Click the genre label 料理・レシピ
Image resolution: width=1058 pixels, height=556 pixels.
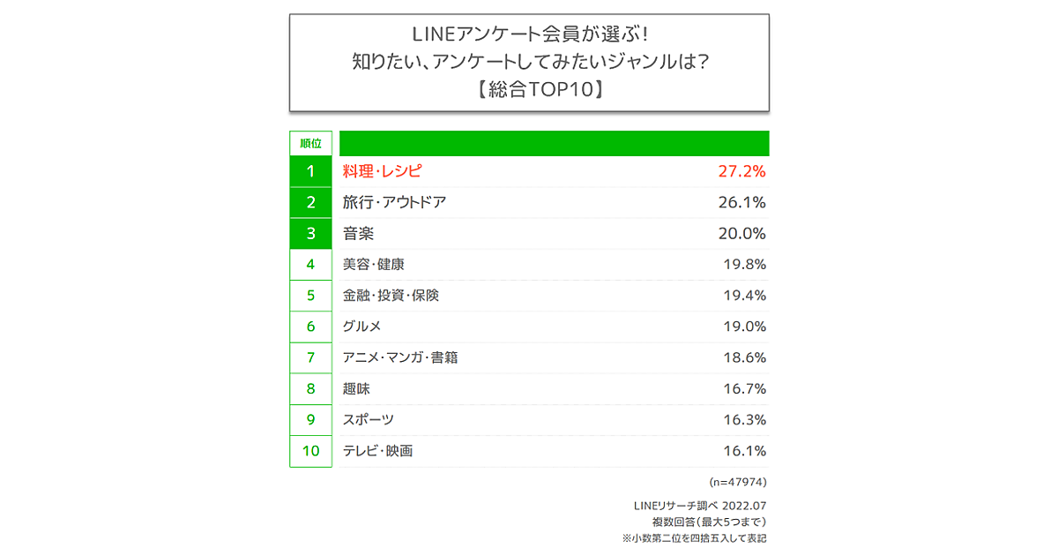(383, 171)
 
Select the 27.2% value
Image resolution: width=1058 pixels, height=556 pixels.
(742, 171)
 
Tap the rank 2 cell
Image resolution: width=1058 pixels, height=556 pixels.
(310, 202)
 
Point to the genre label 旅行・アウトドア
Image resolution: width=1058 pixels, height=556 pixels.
(394, 202)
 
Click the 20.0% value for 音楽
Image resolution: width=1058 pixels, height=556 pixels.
(742, 234)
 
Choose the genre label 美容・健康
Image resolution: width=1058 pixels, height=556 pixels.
(374, 265)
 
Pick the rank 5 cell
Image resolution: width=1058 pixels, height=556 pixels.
(310, 296)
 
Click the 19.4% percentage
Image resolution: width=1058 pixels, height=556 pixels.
(744, 296)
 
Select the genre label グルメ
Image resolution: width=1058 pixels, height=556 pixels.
(361, 327)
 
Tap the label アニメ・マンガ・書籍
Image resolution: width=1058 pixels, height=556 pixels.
(400, 358)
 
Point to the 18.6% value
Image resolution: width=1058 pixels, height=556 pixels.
(744, 358)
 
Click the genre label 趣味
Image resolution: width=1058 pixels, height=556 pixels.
(356, 389)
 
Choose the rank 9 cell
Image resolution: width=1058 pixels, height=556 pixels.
(310, 420)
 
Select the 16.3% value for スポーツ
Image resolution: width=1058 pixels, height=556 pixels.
(744, 420)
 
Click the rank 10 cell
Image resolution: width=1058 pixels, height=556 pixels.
(310, 451)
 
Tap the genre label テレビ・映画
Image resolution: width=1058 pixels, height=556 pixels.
(377, 451)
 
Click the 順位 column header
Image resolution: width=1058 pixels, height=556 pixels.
(310, 143)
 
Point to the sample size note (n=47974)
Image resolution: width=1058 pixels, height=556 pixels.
(738, 483)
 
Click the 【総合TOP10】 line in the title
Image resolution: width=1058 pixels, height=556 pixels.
(529, 88)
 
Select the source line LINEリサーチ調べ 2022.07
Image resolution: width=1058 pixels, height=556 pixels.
(700, 506)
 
